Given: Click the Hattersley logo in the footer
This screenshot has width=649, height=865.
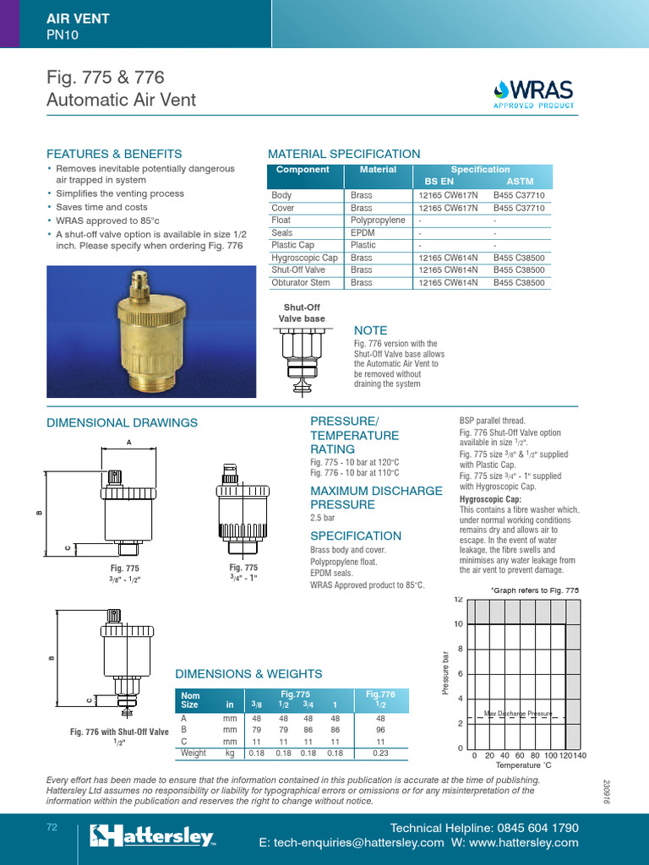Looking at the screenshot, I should [152, 836].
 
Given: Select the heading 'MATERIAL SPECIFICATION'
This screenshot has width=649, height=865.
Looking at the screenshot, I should [343, 154].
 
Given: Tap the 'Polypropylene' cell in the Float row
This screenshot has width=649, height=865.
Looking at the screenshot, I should [378, 220].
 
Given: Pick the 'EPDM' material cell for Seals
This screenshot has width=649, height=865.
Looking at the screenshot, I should [363, 232].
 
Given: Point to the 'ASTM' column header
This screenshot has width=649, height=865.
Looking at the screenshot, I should [519, 182].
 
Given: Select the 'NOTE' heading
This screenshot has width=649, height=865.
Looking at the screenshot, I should [370, 330].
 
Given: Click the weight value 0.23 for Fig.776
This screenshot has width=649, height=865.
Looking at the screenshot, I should [380, 753].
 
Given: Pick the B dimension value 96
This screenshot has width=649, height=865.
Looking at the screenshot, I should [380, 729].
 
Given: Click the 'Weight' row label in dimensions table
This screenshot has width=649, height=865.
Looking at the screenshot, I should [194, 753].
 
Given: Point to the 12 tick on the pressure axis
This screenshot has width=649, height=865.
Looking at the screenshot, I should [458, 600].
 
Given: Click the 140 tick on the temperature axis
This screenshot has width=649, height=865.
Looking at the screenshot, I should [579, 755].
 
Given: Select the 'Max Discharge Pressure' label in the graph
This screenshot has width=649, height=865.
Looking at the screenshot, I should [517, 714].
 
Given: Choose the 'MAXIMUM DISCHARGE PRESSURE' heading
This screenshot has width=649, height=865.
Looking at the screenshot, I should [376, 498].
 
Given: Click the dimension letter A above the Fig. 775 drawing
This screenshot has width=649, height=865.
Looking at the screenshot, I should [129, 442].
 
